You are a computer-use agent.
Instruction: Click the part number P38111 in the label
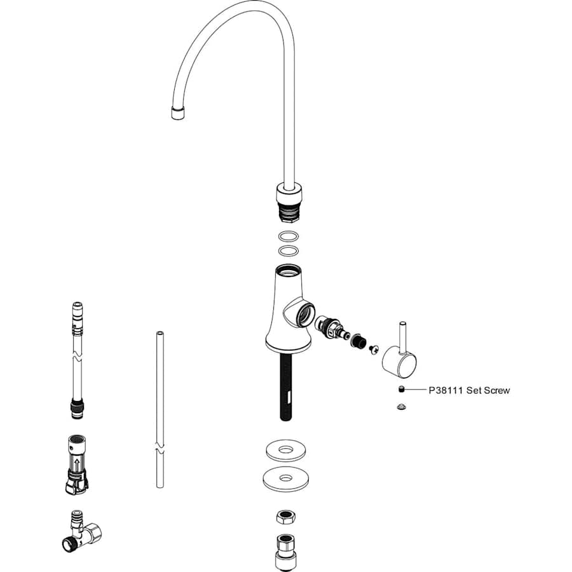click(446, 390)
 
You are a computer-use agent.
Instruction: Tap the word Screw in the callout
click(496, 390)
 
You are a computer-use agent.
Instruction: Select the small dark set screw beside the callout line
click(401, 390)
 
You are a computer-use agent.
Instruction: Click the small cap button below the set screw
click(402, 406)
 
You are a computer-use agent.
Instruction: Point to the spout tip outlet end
click(178, 113)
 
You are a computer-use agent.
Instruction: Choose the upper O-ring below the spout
click(288, 236)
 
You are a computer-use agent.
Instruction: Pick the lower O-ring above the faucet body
click(288, 251)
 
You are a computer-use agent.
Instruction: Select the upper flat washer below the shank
click(285, 451)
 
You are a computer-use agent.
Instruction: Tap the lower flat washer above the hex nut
click(285, 479)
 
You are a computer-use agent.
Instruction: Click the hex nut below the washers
click(285, 517)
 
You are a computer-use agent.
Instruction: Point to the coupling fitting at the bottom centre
click(285, 552)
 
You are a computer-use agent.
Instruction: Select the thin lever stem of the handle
click(403, 337)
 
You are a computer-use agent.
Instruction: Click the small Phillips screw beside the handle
click(374, 349)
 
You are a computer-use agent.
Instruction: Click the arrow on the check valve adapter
click(77, 465)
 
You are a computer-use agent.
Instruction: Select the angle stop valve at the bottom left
click(81, 531)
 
